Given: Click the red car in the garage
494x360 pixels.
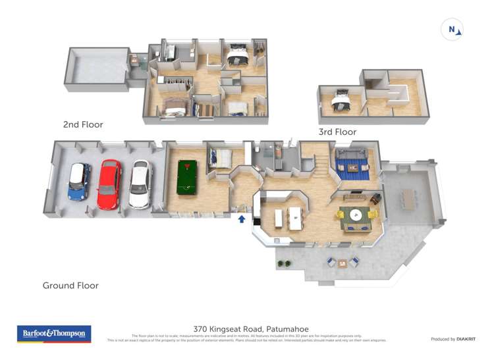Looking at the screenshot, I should pyautogui.click(x=109, y=184).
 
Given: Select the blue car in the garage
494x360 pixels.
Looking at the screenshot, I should pyautogui.click(x=79, y=182).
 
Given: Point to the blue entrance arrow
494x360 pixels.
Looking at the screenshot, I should pyautogui.click(x=242, y=219).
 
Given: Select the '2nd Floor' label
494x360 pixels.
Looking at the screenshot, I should pyautogui.click(x=83, y=124).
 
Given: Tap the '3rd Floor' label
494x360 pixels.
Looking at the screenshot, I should pyautogui.click(x=337, y=132).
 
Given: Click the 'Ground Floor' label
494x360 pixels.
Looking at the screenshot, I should pyautogui.click(x=70, y=286).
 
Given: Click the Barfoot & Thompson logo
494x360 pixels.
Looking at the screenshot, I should pyautogui.click(x=54, y=334).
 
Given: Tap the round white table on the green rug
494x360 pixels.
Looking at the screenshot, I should pyautogui.click(x=356, y=215).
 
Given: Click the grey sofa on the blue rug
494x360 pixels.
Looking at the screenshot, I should pyautogui.click(x=351, y=157).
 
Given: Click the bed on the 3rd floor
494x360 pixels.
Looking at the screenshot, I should pyautogui.click(x=341, y=100).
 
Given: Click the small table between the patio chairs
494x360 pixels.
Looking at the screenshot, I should pyautogui.click(x=343, y=263).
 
